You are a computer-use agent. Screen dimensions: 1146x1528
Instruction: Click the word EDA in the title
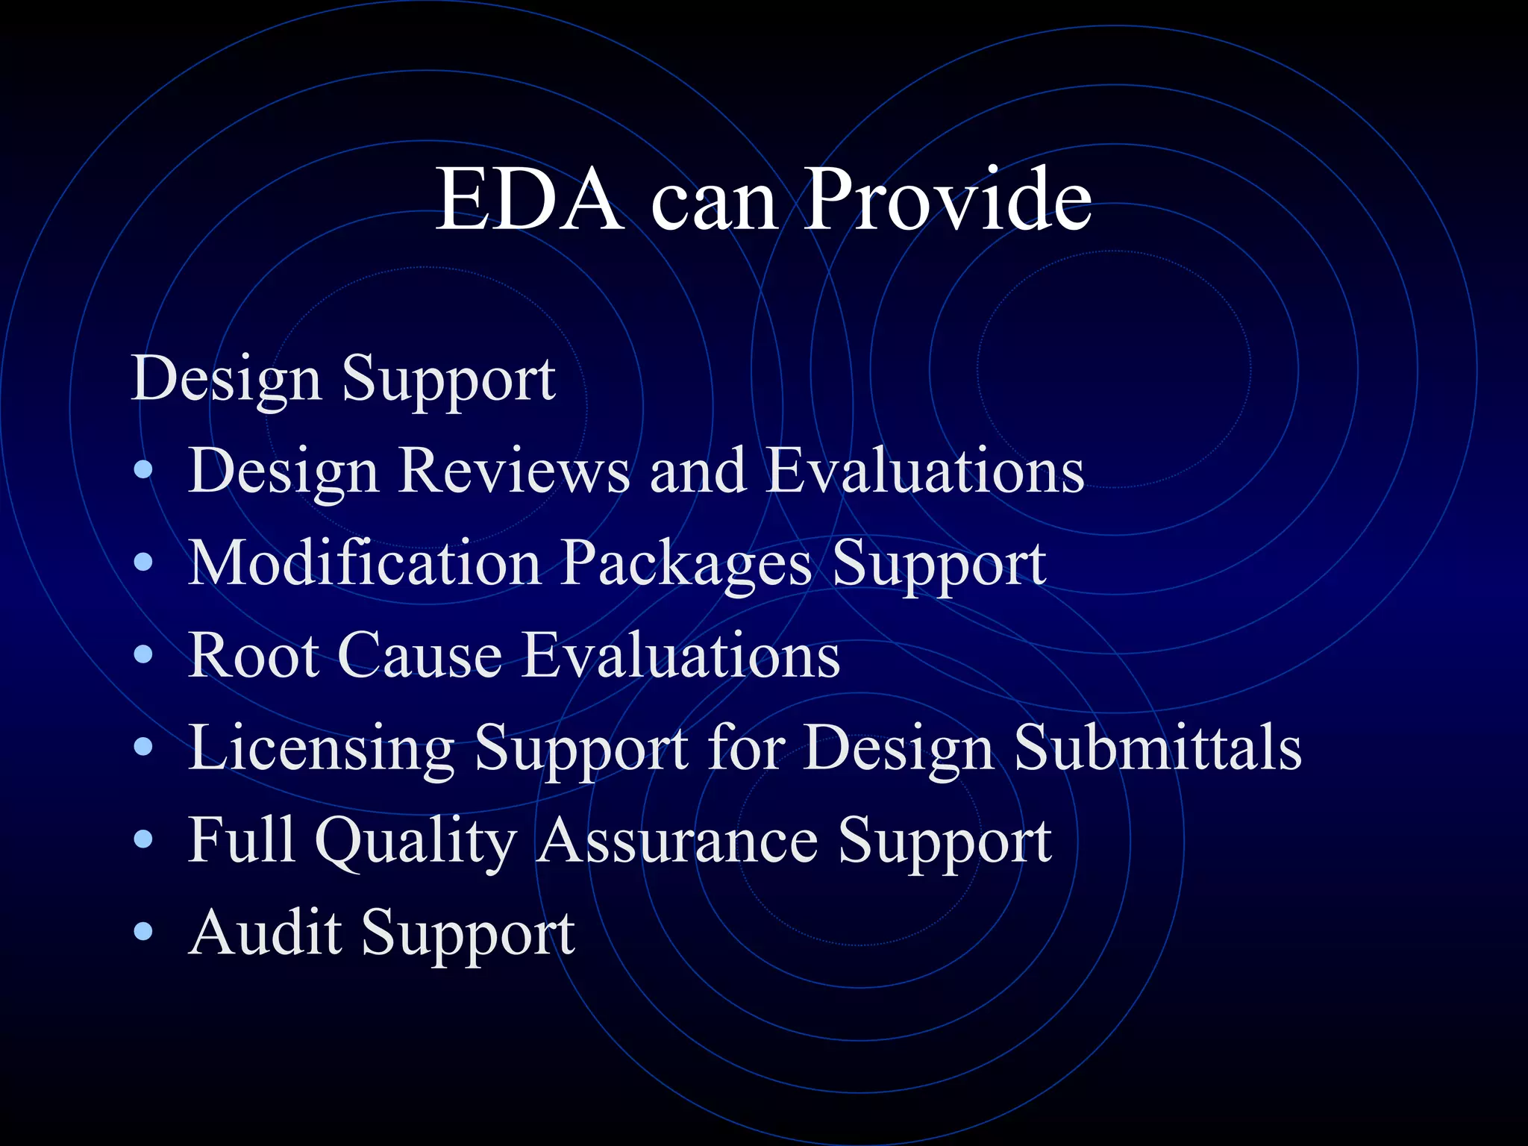pyautogui.click(x=529, y=199)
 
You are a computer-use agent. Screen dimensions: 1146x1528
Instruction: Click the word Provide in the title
pyautogui.click(x=948, y=199)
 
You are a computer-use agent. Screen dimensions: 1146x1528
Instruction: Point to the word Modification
pyautogui.click(x=365, y=563)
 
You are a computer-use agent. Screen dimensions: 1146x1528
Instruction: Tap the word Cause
pyautogui.click(x=420, y=655)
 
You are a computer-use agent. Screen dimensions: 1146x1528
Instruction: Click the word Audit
pyautogui.click(x=266, y=932)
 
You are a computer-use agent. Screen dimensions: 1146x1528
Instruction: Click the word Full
pyautogui.click(x=241, y=839)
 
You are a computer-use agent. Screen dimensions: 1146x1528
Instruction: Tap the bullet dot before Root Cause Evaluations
pyautogui.click(x=143, y=656)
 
